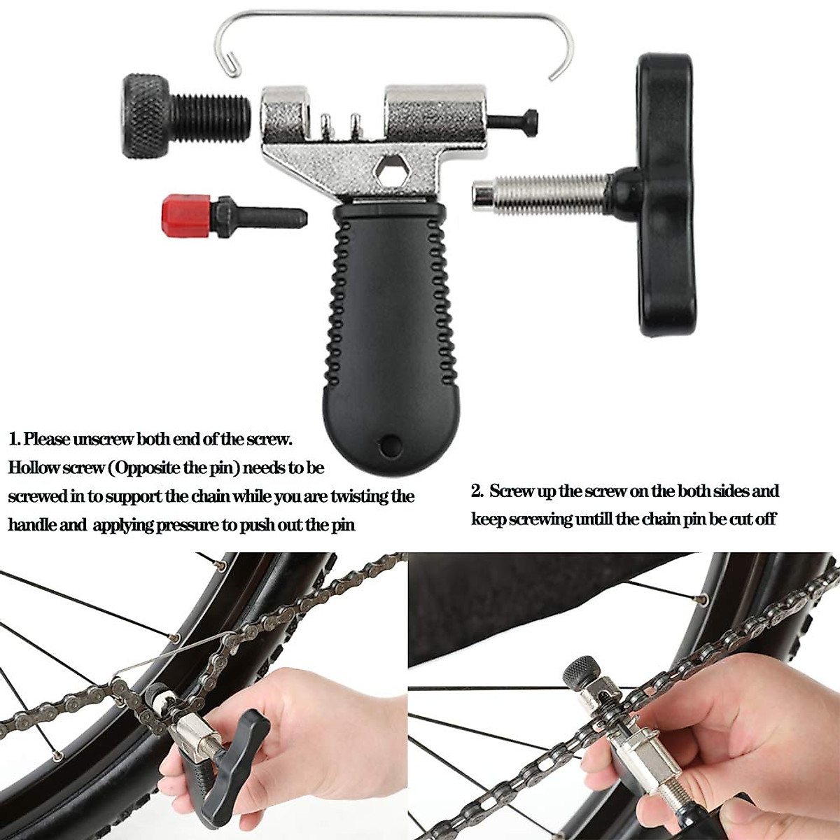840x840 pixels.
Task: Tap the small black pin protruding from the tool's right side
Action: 514,120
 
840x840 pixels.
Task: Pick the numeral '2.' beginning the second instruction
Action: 477,491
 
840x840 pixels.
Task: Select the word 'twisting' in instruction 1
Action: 358,496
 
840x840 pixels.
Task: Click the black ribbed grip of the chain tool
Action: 384,315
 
